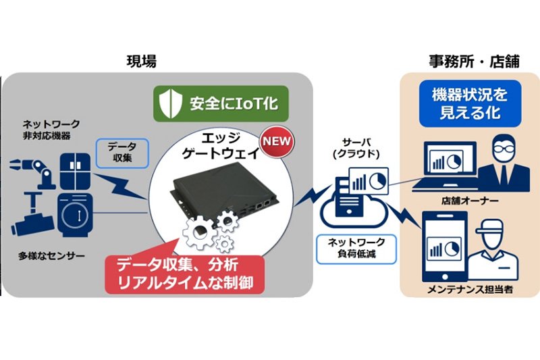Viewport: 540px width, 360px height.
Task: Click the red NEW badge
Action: [x=277, y=141]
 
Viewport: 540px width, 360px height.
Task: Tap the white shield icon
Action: [x=171, y=103]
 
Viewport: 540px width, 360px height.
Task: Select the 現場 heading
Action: [x=142, y=61]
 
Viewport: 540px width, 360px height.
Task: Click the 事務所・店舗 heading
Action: [x=475, y=61]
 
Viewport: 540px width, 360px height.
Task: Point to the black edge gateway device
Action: [x=223, y=194]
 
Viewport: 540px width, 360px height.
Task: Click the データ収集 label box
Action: [x=122, y=153]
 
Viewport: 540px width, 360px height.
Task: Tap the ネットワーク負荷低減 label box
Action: [x=356, y=249]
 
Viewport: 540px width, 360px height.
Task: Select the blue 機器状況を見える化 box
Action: [x=470, y=104]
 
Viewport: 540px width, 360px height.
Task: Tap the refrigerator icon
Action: [x=76, y=171]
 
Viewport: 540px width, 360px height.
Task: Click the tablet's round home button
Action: [x=445, y=277]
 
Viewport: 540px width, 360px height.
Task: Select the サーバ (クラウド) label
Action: [x=356, y=148]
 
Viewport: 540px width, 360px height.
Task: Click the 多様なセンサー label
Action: [x=52, y=256]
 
